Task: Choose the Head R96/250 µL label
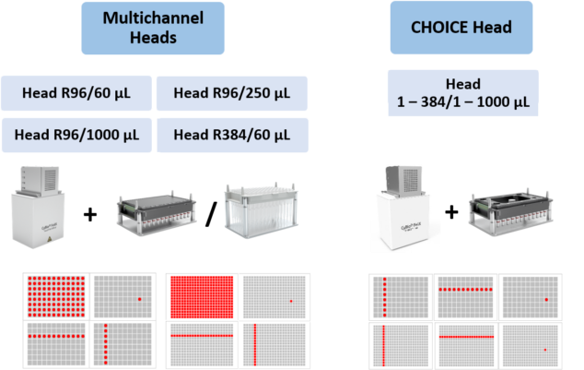coord(231,93)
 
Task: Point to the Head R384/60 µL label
coord(231,135)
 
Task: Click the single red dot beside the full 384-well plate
coord(290,301)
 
